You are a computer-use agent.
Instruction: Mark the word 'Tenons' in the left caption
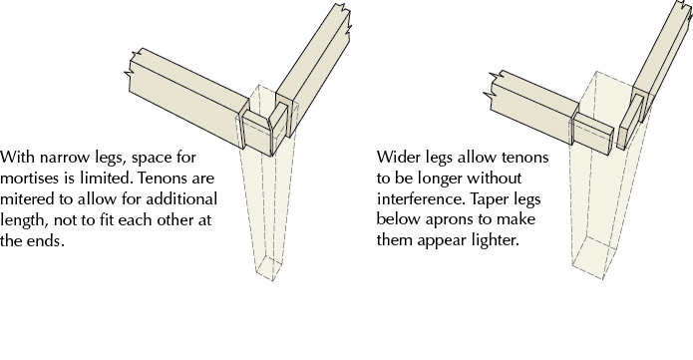pos(159,179)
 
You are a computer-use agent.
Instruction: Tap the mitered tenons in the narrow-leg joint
pos(265,128)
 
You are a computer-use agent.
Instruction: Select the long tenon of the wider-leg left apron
pos(593,134)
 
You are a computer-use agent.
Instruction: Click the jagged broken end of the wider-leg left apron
pos(492,90)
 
